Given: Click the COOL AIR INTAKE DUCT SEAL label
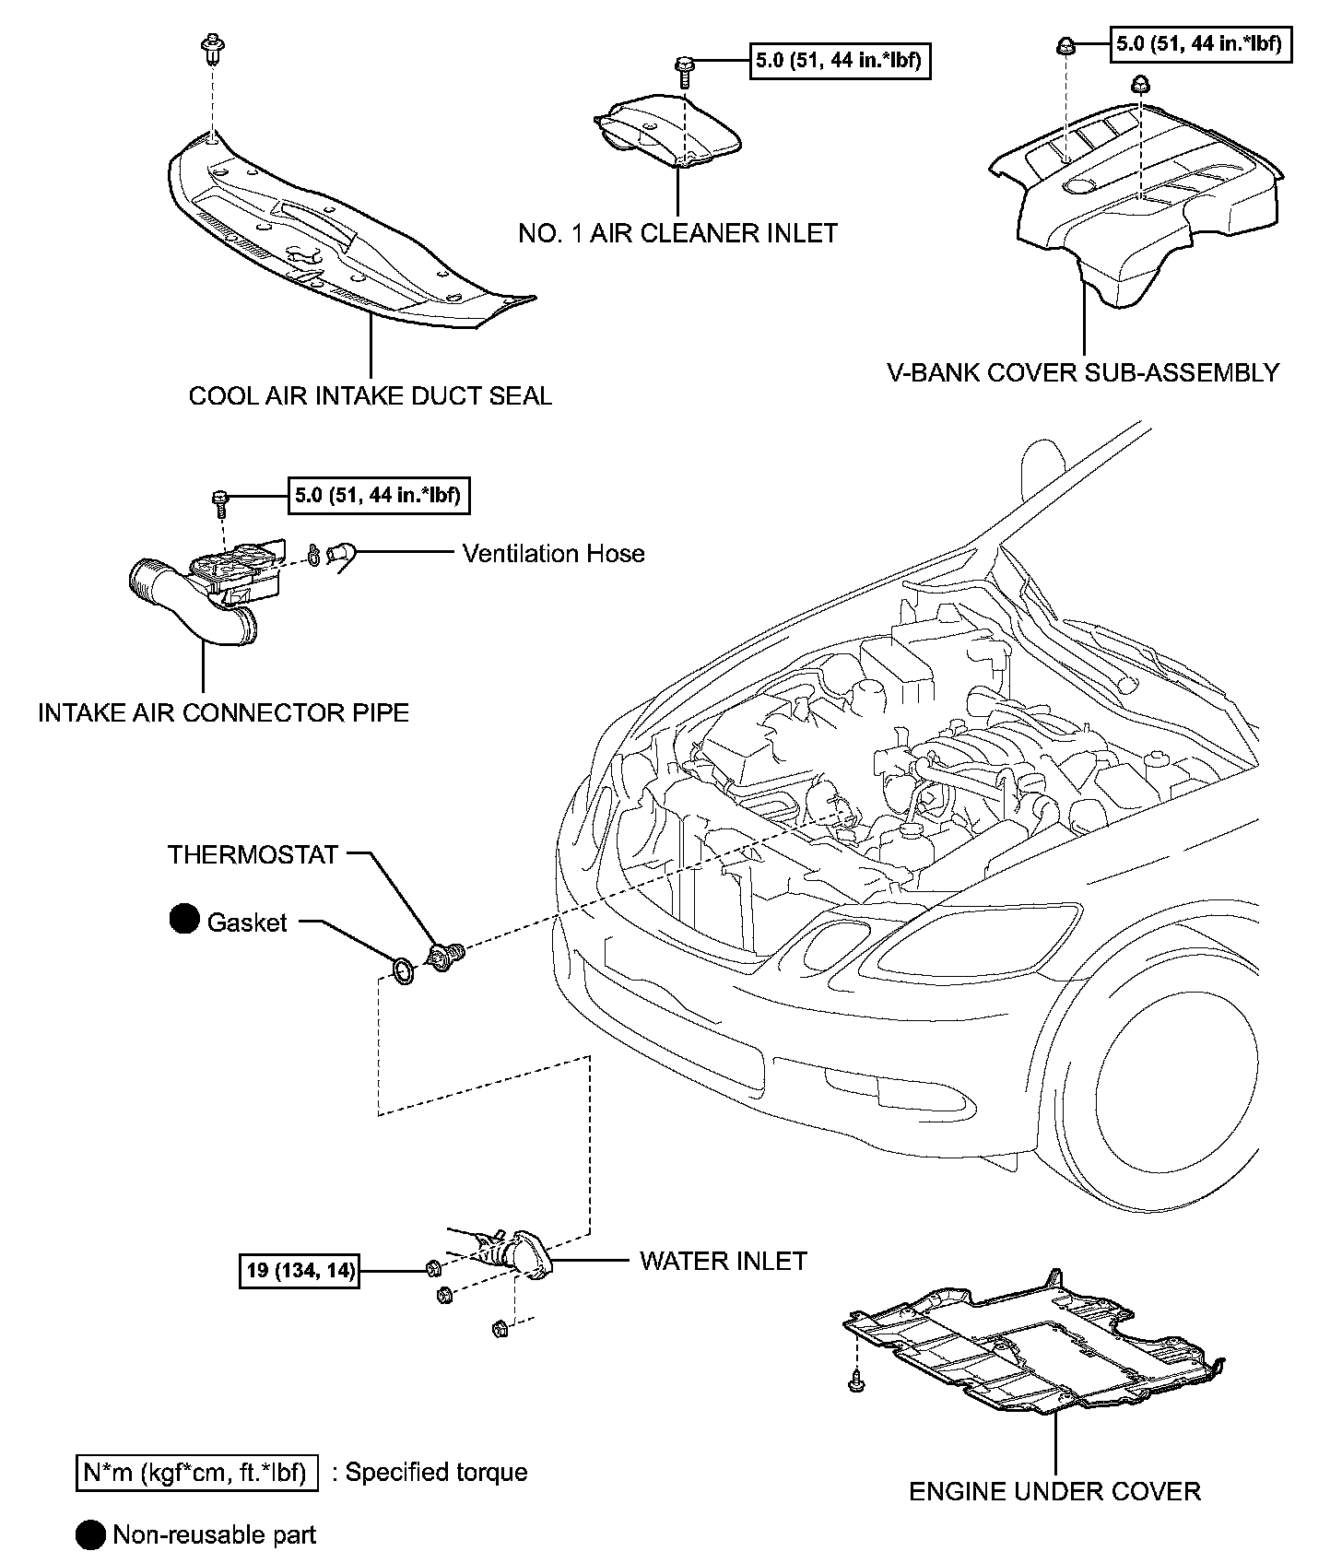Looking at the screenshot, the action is (x=371, y=396).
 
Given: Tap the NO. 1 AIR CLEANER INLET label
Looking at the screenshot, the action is (x=678, y=233).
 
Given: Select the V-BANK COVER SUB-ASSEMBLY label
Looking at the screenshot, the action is (x=1083, y=372).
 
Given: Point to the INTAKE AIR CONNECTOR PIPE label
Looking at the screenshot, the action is (x=223, y=712).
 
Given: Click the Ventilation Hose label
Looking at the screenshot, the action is (x=554, y=553).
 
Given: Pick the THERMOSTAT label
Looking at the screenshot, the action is (x=253, y=854).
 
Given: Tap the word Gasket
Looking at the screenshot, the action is (x=247, y=923).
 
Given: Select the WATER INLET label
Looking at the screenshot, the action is (x=724, y=1261).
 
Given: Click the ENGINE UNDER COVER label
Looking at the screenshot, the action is (x=1055, y=1491).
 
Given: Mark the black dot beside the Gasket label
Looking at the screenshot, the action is (x=184, y=920).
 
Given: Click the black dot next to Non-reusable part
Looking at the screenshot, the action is (x=90, y=1535).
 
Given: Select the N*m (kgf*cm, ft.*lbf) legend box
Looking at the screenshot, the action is (x=196, y=1473).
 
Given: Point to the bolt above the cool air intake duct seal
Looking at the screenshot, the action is (x=213, y=50).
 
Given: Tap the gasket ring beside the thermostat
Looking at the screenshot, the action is (x=404, y=970).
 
